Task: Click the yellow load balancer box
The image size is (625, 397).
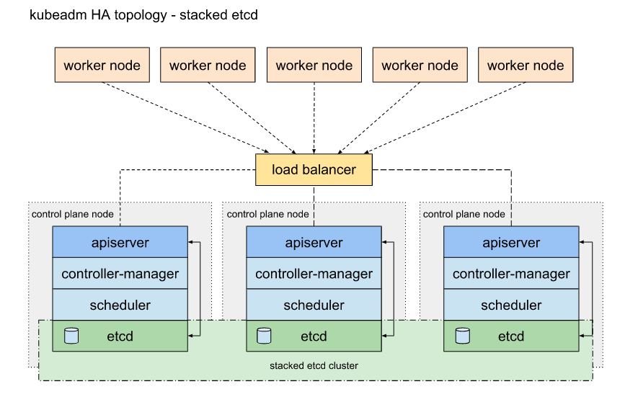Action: coord(314,170)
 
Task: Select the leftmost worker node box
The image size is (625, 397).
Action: coord(102,65)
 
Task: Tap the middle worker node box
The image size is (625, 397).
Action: coord(314,65)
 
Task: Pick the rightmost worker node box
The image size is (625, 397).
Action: coord(526,65)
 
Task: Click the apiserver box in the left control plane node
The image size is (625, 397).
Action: coord(120,242)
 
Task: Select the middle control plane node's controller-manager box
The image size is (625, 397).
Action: coord(314,273)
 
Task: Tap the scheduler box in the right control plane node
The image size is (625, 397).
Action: coord(511,305)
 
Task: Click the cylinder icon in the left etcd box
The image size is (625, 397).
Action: coord(71,336)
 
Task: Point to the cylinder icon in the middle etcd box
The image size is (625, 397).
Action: coord(264,336)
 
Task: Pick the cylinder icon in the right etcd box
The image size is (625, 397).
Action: coord(462,336)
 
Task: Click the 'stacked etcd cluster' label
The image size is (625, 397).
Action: coord(314,365)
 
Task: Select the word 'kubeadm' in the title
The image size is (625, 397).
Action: coord(58,14)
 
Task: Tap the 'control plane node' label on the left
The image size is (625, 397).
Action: coord(73,214)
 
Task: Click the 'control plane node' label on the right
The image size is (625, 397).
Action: coord(464,214)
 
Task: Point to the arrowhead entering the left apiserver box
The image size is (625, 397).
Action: coord(190,241)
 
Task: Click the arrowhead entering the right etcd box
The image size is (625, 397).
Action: coord(582,336)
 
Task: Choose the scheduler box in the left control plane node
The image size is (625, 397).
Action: coord(120,305)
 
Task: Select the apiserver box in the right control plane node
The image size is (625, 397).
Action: coord(511,242)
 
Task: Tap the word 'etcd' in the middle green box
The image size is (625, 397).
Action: coord(314,336)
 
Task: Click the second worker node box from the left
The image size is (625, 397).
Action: coord(208,65)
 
